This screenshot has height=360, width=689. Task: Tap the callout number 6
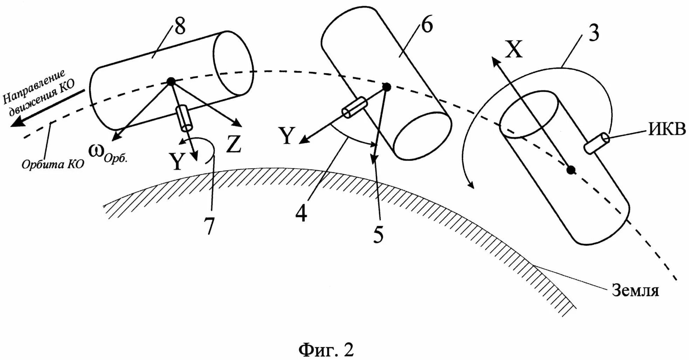coord(426,25)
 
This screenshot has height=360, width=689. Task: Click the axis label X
coord(513,49)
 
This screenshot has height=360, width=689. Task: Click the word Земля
coord(635,290)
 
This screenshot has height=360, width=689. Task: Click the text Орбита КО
coord(53,164)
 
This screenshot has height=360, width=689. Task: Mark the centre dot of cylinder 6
coord(387,87)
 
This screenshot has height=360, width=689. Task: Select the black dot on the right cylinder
coord(571,170)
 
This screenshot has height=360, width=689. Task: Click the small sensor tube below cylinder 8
coord(184,118)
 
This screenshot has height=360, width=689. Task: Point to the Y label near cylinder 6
coord(287,136)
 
